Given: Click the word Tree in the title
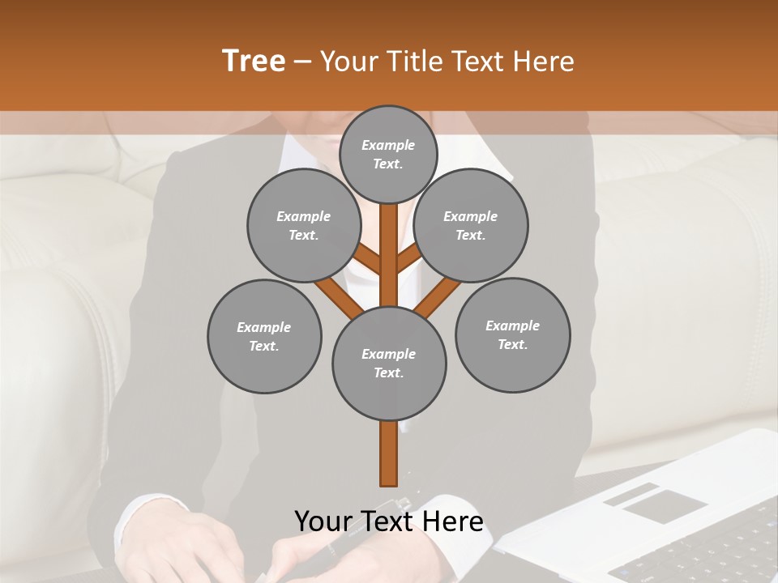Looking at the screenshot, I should click(x=254, y=61).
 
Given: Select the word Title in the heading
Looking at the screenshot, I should click(x=416, y=62).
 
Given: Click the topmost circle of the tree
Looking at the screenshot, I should click(x=388, y=154).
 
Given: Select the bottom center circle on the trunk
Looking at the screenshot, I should click(x=389, y=364).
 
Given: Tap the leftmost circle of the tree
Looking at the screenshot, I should click(x=264, y=337).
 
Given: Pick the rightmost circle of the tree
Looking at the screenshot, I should click(x=512, y=335).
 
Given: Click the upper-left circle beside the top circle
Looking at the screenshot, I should click(x=304, y=226).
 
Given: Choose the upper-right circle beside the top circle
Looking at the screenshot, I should click(x=470, y=226).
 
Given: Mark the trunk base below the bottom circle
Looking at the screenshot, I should click(x=389, y=453).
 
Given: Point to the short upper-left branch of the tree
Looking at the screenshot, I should click(x=369, y=260).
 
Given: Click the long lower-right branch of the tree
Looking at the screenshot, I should click(x=438, y=297).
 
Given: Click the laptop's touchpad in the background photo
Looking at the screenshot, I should click(x=664, y=505).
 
